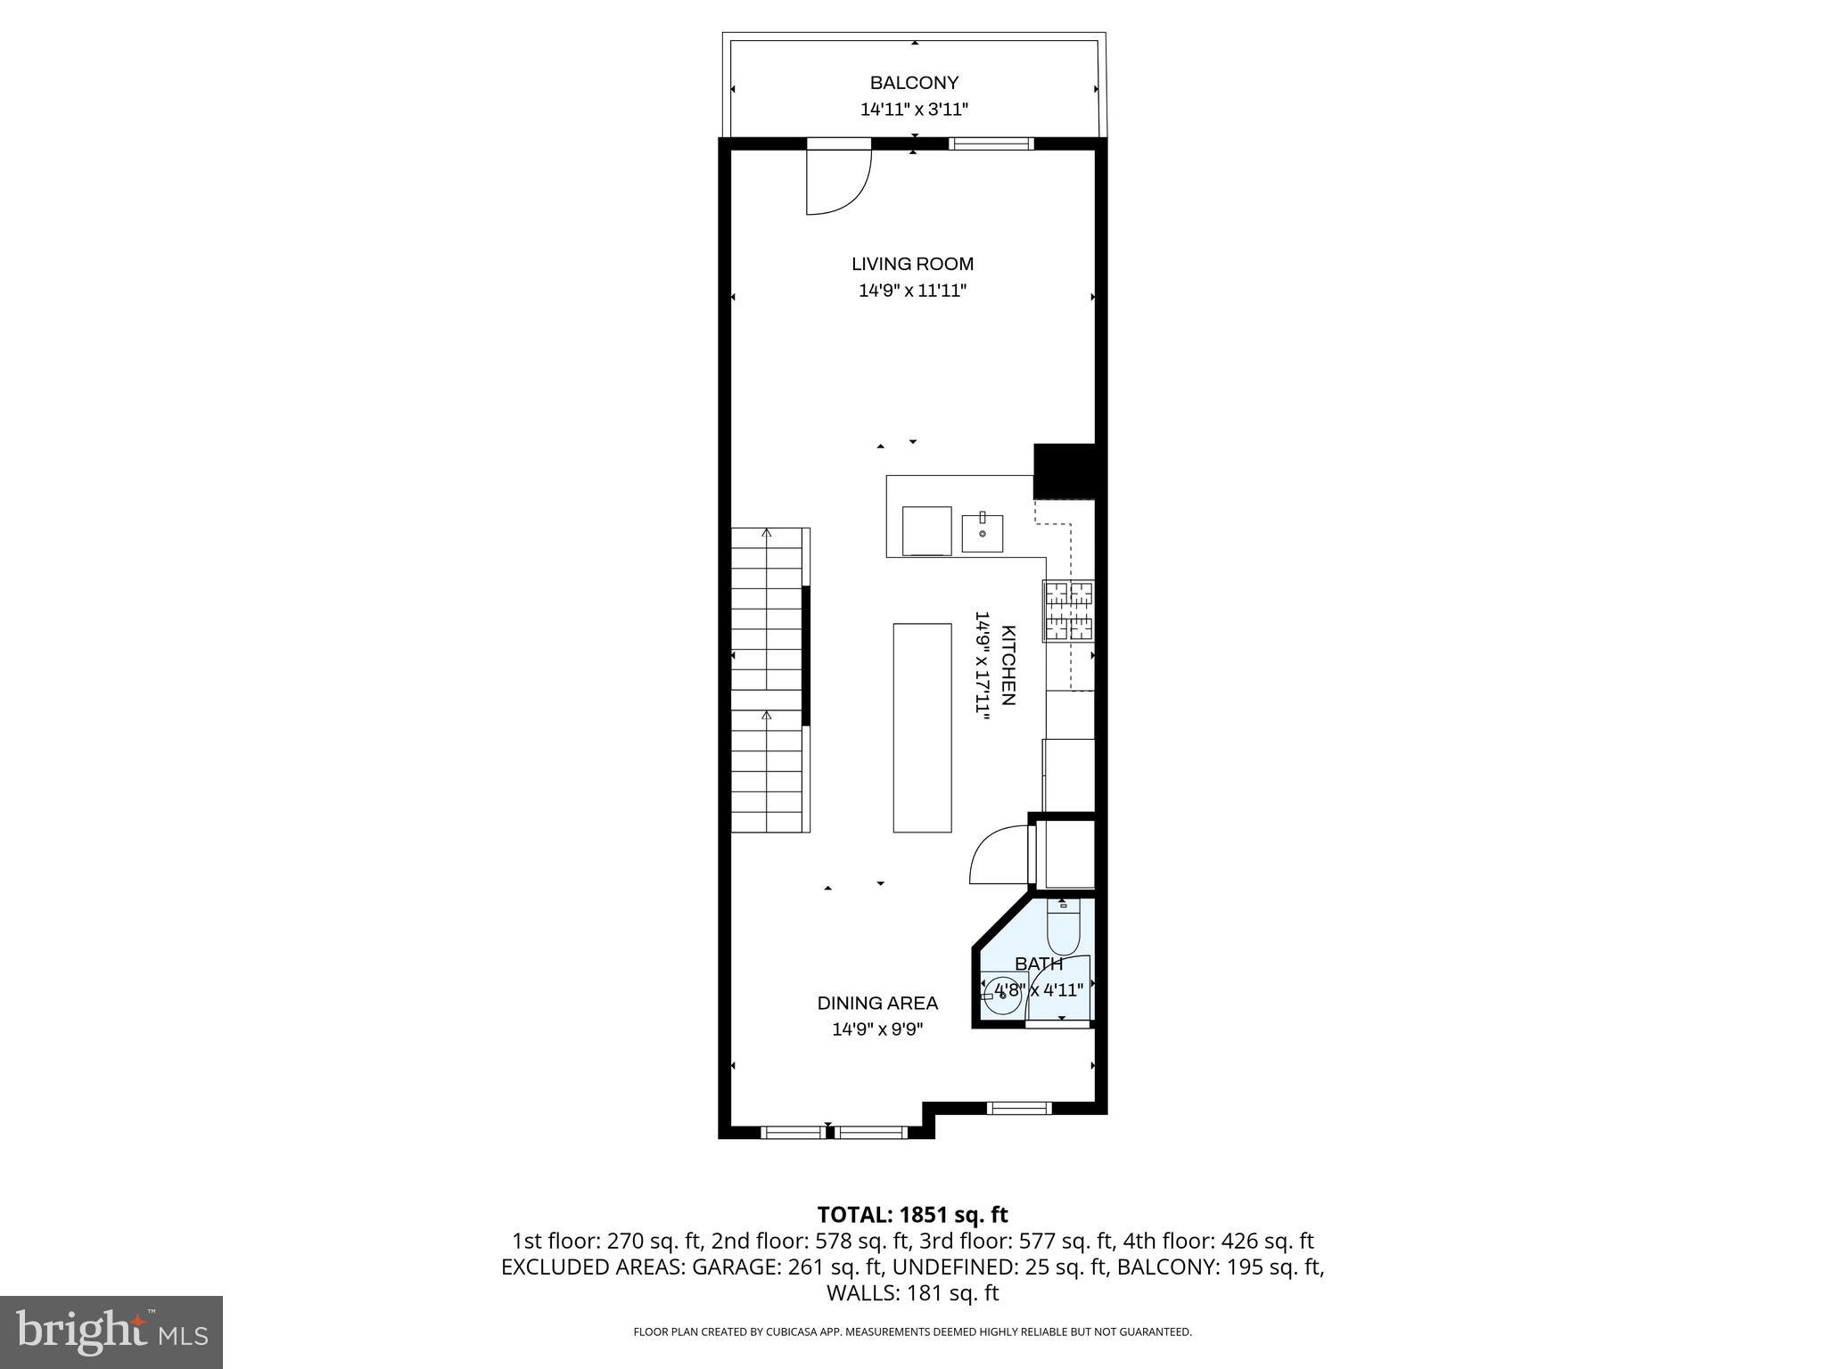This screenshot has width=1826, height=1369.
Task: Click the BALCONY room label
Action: (x=914, y=83)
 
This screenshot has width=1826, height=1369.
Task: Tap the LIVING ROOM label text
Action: (x=912, y=264)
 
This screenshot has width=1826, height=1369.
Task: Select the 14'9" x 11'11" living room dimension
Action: (x=912, y=291)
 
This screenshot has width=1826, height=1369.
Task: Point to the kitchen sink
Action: (x=982, y=534)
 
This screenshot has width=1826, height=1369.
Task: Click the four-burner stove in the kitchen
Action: (x=1068, y=611)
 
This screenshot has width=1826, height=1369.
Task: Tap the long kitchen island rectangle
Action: (x=922, y=727)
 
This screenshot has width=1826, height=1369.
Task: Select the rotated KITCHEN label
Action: (x=1008, y=665)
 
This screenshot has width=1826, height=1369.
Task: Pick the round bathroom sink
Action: (x=1004, y=996)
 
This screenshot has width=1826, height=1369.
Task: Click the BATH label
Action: (x=1039, y=964)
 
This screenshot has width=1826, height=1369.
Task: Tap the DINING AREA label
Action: (x=877, y=1004)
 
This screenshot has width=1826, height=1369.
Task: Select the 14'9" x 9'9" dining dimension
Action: (x=877, y=1029)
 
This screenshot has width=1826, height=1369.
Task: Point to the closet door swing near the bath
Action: (x=996, y=856)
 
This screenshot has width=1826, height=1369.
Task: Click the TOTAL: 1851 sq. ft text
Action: (x=912, y=1215)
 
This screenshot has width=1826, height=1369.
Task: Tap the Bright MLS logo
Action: (x=111, y=1332)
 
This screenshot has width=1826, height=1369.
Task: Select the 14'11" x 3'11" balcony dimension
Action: (x=914, y=110)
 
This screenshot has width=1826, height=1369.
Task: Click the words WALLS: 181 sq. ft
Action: (x=912, y=1293)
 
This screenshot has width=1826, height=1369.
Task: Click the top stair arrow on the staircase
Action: (x=767, y=535)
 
